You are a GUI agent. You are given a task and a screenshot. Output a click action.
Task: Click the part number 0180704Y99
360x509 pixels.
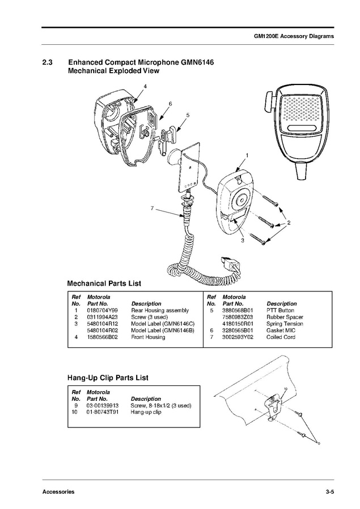point(102,311)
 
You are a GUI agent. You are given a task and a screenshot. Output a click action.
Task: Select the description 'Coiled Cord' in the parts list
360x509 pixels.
point(281,337)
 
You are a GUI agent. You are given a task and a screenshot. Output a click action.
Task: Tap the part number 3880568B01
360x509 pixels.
point(237,311)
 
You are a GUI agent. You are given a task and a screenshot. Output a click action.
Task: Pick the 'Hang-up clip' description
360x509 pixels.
point(146,412)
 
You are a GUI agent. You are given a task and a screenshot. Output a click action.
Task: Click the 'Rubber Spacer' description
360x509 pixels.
point(285,317)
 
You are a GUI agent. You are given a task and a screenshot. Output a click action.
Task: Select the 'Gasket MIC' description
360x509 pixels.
point(282,330)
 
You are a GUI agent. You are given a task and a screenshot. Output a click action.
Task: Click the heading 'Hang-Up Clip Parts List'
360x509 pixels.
point(108,377)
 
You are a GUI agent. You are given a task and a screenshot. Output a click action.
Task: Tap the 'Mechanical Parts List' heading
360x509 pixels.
point(104,283)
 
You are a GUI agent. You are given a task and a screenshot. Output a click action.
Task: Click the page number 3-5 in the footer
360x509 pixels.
point(329,491)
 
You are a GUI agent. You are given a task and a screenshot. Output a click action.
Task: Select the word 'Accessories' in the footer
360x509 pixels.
point(58,491)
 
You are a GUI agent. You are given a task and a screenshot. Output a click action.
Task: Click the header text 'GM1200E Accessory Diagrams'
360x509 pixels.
point(293,36)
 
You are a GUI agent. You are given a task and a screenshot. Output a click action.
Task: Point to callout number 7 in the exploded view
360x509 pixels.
point(152,209)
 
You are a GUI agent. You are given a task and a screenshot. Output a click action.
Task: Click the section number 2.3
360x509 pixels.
point(48,62)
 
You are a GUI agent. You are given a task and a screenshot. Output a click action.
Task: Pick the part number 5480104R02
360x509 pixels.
point(102,330)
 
